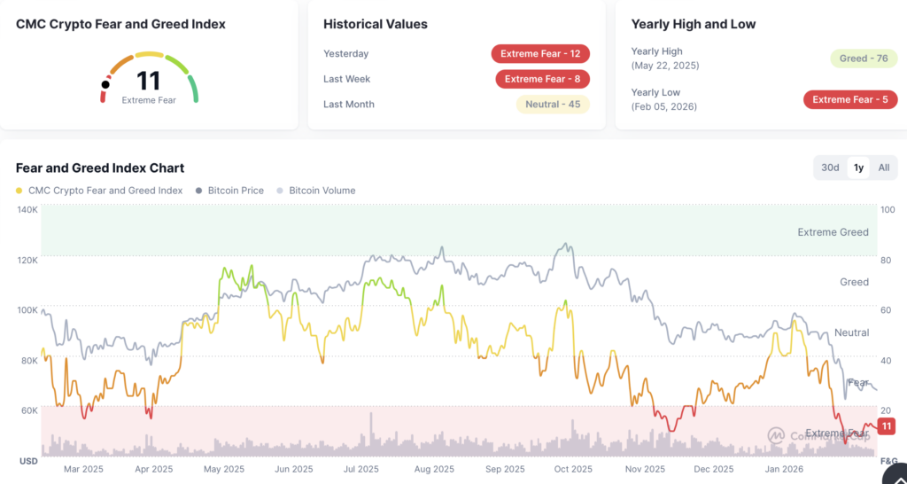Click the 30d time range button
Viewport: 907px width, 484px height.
830,168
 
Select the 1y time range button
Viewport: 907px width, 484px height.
858,168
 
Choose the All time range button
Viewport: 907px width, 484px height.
884,168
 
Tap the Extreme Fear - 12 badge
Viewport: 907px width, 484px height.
540,54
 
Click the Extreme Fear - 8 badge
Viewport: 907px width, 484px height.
542,79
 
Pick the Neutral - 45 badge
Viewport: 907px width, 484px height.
553,104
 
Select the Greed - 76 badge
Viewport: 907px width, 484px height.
864,59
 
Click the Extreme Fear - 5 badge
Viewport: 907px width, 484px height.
849,99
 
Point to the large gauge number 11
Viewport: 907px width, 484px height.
148,81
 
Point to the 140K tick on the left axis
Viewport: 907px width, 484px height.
27,210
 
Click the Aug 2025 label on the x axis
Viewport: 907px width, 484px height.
434,469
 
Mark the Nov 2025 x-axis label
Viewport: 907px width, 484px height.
645,469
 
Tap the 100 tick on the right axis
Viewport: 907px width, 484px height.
888,210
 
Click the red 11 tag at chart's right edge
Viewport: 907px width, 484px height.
887,426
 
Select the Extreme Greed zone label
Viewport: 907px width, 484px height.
833,232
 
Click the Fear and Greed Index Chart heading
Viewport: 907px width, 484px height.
100,168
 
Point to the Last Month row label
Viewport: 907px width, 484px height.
349,105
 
